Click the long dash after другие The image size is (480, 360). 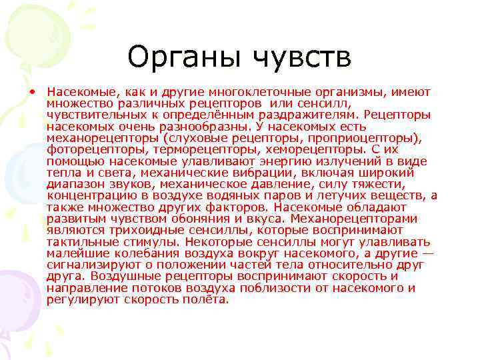426,254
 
